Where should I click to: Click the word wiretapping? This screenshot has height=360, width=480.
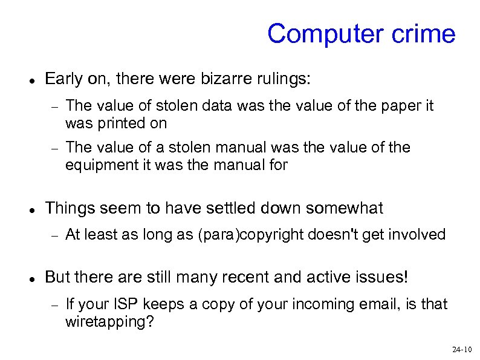[x=109, y=321]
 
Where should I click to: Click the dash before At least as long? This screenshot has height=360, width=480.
[x=53, y=236]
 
